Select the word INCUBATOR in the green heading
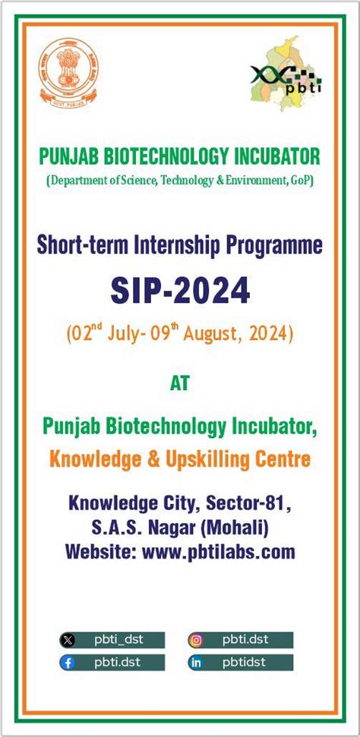pos(276,156)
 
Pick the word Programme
pos(274,244)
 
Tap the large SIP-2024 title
pos(180,290)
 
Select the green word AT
pos(180,383)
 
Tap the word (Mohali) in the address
pos(232,527)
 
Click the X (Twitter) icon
pos(68,640)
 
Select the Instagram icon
pos(196,639)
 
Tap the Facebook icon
pos(68,663)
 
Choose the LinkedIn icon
pos(196,663)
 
